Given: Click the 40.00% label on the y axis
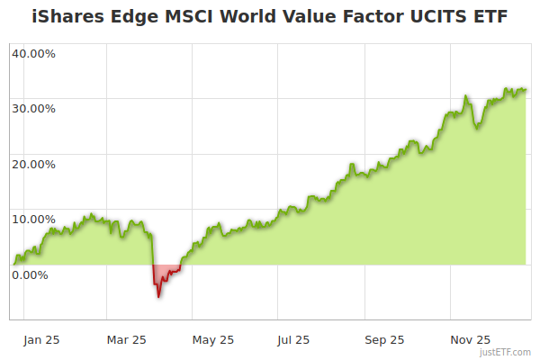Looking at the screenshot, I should click(x=33, y=53).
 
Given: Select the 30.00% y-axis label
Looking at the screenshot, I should click(x=33, y=109).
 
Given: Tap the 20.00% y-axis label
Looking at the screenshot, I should click(x=33, y=164).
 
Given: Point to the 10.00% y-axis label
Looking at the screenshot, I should click(x=33, y=219).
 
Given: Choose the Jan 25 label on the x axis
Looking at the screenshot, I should click(x=42, y=339).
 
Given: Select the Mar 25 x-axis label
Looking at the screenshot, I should click(x=126, y=339).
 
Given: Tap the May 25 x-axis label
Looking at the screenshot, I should click(x=213, y=339).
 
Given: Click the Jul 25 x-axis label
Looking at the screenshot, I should click(x=293, y=339).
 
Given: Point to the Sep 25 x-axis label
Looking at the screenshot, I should click(x=385, y=339).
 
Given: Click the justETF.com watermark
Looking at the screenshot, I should click(x=508, y=353).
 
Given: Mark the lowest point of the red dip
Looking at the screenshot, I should click(x=158, y=296).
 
